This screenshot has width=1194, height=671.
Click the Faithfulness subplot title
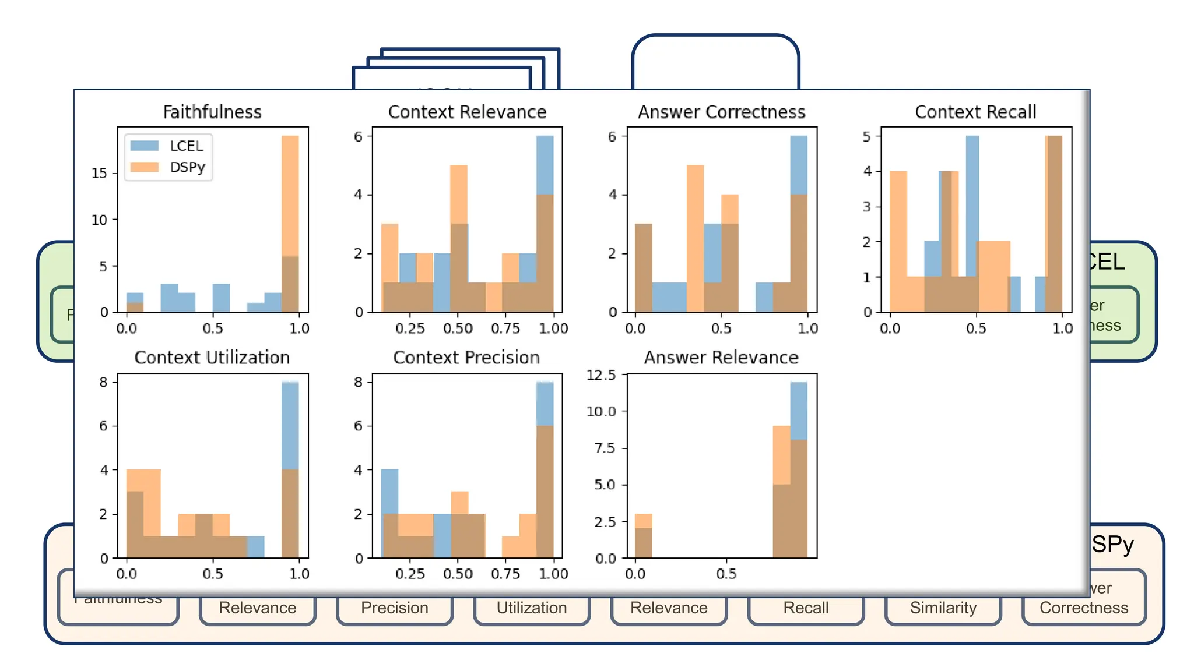pyautogui.click(x=212, y=112)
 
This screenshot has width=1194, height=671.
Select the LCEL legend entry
pyautogui.click(x=185, y=146)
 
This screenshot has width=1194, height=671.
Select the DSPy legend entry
pyautogui.click(x=187, y=167)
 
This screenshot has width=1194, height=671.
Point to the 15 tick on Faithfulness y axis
pyautogui.click(x=100, y=173)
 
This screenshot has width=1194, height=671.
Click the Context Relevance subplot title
pyautogui.click(x=467, y=112)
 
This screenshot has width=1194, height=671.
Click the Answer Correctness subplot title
pyautogui.click(x=721, y=112)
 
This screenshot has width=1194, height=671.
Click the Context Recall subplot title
pyautogui.click(x=975, y=112)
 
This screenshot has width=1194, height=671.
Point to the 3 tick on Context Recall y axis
pyautogui.click(x=867, y=206)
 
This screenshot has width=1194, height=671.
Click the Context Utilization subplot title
pyautogui.click(x=212, y=357)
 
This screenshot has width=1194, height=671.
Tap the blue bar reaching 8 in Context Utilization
pyautogui.click(x=290, y=425)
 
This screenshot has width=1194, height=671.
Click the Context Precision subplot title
pyautogui.click(x=466, y=357)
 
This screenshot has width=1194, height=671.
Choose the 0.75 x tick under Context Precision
pyautogui.click(x=505, y=574)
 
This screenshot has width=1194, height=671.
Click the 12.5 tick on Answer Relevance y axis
pyautogui.click(x=601, y=375)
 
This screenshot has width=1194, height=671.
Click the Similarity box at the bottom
pyautogui.click(x=943, y=608)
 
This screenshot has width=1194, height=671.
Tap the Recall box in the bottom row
pyautogui.click(x=806, y=608)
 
